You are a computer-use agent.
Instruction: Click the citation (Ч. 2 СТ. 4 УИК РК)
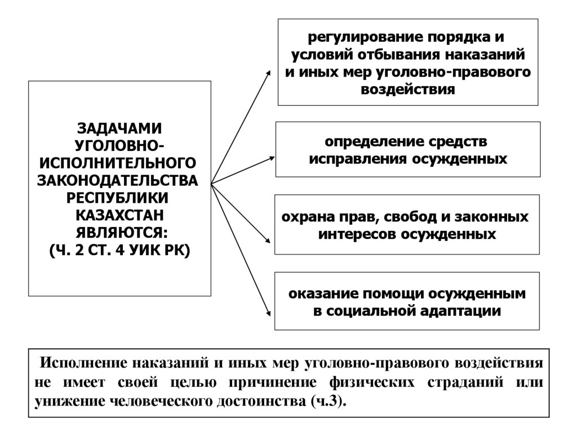[119, 250]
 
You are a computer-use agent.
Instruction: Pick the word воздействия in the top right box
[409, 89]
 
